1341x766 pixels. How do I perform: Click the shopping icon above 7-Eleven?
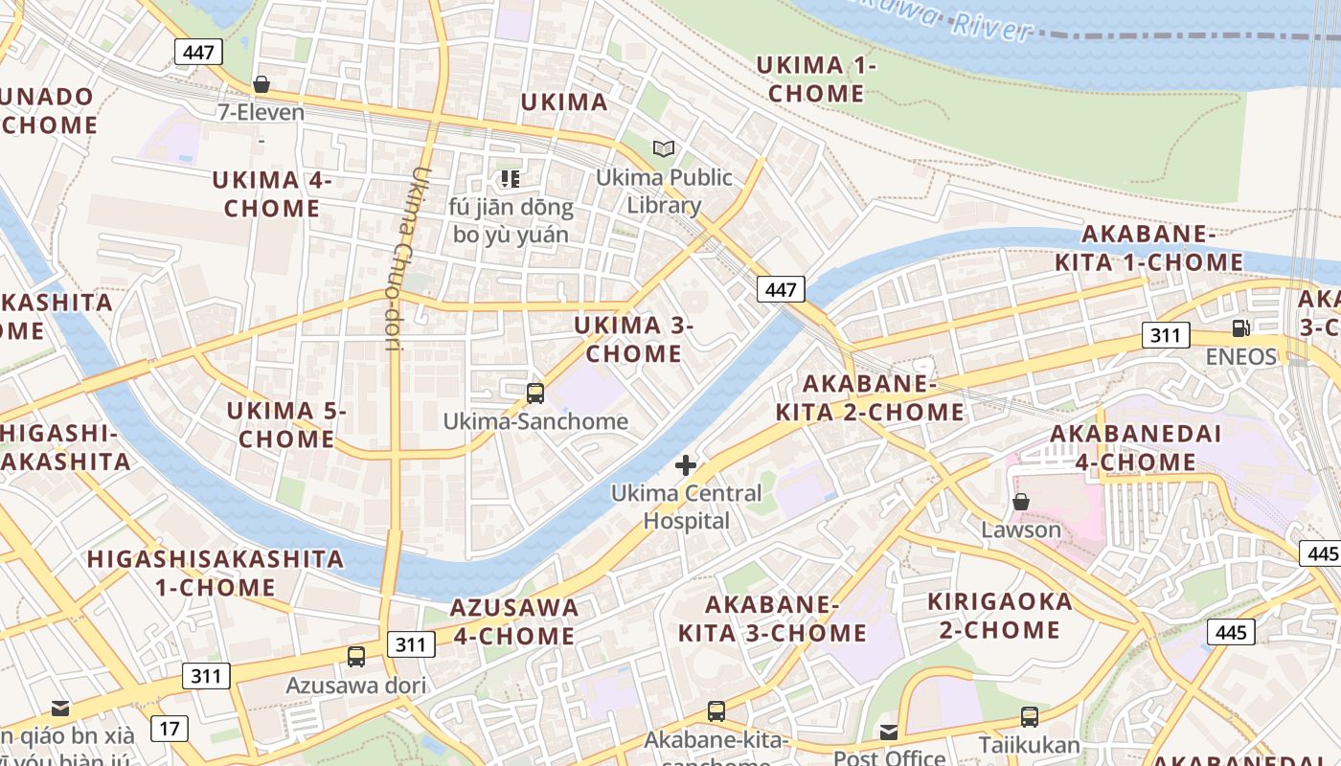click(x=261, y=85)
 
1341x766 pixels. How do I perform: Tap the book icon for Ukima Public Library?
click(x=664, y=148)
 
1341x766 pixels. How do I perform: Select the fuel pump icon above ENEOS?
click(x=1240, y=328)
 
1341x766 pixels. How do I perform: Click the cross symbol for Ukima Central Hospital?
click(x=686, y=466)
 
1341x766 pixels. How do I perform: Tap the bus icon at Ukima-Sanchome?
click(x=535, y=393)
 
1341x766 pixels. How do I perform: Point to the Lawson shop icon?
click(x=1021, y=502)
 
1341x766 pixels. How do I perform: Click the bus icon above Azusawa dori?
click(x=356, y=657)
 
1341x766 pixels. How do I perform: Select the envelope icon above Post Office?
click(x=889, y=732)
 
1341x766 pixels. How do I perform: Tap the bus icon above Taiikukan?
click(x=1029, y=716)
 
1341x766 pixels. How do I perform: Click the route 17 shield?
click(x=170, y=729)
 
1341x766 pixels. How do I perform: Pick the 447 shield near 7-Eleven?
click(x=198, y=52)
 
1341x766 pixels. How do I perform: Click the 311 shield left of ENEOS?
click(x=1166, y=335)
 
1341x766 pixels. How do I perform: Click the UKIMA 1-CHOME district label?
click(x=816, y=79)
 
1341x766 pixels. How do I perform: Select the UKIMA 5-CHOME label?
click(x=286, y=425)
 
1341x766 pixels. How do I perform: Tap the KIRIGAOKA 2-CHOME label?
click(x=999, y=616)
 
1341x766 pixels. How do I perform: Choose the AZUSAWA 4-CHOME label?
click(x=513, y=621)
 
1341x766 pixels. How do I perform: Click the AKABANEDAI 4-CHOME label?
click(x=1136, y=447)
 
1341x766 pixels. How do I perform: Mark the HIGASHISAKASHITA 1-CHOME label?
click(x=216, y=573)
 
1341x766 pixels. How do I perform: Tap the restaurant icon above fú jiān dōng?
click(x=511, y=178)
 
